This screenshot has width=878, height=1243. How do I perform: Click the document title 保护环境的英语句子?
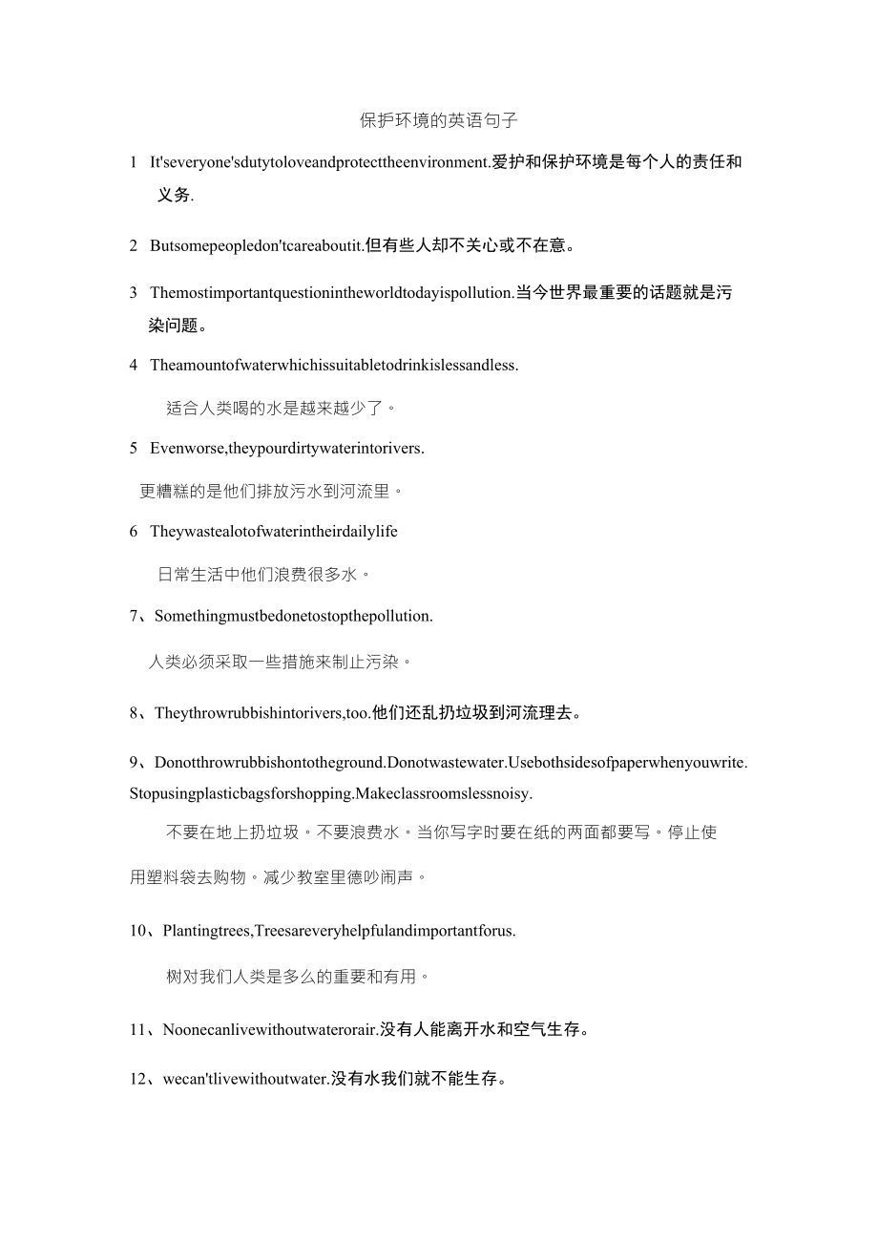tap(439, 121)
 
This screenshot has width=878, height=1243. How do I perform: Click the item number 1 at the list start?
tap(134, 162)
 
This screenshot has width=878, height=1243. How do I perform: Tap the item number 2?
tap(134, 245)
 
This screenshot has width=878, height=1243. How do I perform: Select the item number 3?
tap(134, 292)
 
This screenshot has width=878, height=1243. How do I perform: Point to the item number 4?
tap(134, 365)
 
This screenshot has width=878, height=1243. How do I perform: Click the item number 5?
tap(134, 448)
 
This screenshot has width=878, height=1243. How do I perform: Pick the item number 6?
tap(134, 532)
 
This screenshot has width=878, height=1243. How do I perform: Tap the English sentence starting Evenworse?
tap(287, 448)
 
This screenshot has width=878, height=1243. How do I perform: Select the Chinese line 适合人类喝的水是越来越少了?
tap(281, 408)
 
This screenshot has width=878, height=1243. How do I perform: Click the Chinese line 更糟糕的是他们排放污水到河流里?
tap(271, 492)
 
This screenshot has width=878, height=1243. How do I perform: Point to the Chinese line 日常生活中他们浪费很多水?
tap(263, 575)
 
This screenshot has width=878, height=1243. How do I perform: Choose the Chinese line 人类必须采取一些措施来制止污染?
tap(281, 662)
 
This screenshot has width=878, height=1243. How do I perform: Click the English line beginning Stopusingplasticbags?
tap(331, 793)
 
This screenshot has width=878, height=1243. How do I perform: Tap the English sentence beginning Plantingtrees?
tap(339, 930)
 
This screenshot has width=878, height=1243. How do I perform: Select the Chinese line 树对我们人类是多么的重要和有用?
tap(298, 977)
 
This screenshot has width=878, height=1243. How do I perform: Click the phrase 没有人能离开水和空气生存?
tap(485, 1029)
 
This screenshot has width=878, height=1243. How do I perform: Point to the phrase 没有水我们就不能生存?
tap(420, 1079)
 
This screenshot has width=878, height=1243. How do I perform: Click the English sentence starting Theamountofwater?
tap(334, 365)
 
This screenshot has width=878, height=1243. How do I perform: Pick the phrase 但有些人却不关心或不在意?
tap(470, 245)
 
